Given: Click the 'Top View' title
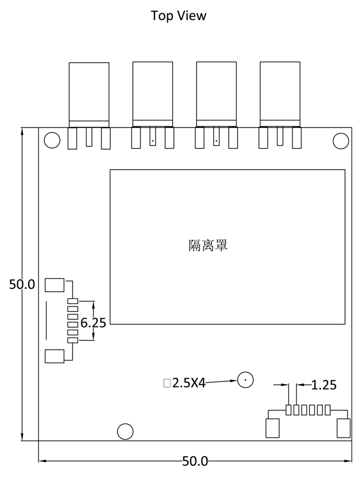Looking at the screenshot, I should coord(178,16).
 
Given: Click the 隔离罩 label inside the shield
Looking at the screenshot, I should coord(208,245).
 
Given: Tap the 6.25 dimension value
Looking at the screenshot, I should coord(93,323).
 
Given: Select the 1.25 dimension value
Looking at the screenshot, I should coord(324,385).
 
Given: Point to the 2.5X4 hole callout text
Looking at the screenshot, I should coord(188,383).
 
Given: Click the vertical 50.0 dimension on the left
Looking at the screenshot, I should coord(22,284).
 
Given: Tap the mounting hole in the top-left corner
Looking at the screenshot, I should coord(52,141).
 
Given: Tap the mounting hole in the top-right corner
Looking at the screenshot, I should coord(341,141).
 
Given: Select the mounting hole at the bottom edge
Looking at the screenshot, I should coord(126,431).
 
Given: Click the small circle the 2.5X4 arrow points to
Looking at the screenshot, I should coord(245,380).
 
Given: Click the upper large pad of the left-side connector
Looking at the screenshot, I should coord(55,285).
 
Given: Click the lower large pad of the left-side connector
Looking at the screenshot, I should coord(55,356).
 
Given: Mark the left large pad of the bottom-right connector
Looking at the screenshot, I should coord(272,428).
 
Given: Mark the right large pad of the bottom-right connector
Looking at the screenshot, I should coord(343,428).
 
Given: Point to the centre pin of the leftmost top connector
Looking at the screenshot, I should coord(89,137).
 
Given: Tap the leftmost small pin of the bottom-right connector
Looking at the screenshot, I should coord(289,410).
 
